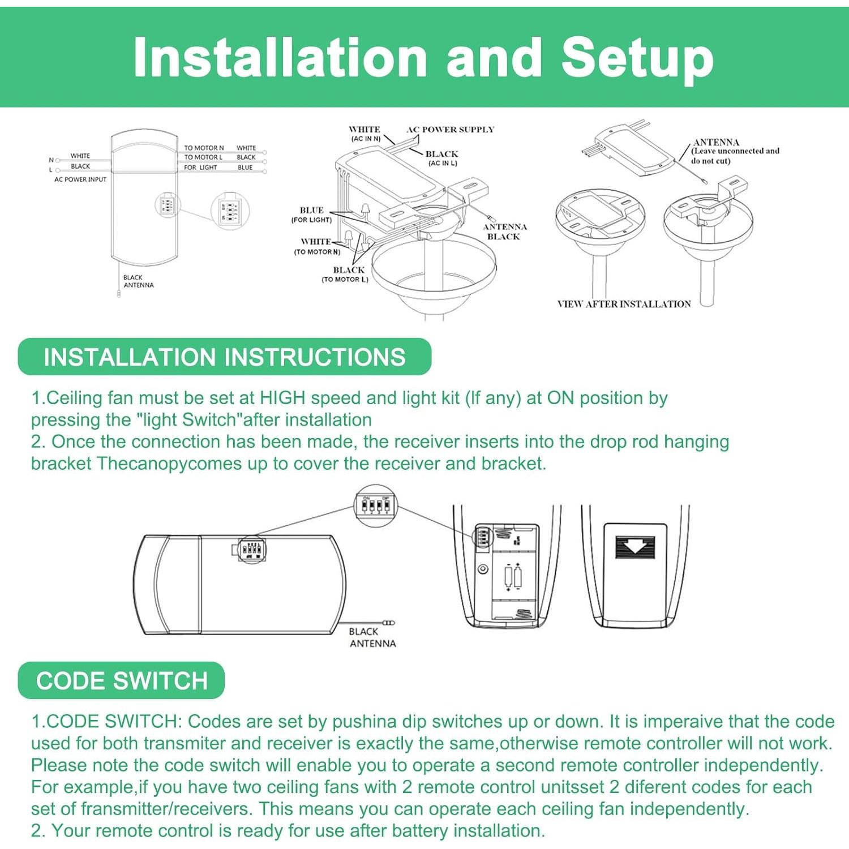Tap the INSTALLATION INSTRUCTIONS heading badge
pos(224,357)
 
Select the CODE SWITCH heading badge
pos(121,680)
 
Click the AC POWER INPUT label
pos(80,179)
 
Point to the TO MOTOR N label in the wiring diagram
pos(204,148)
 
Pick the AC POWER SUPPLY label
pos(450,130)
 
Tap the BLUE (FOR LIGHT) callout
pos(312,215)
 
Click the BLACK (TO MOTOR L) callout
pos(346,275)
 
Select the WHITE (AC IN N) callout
pos(365,134)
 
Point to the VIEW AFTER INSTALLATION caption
pos(624,304)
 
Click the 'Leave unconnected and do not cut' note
pos(735,156)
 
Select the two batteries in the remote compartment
pos(513,577)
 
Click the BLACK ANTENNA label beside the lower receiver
pos(372,637)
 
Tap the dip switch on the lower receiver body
pos(252,549)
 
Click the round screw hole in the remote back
pos(483,569)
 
